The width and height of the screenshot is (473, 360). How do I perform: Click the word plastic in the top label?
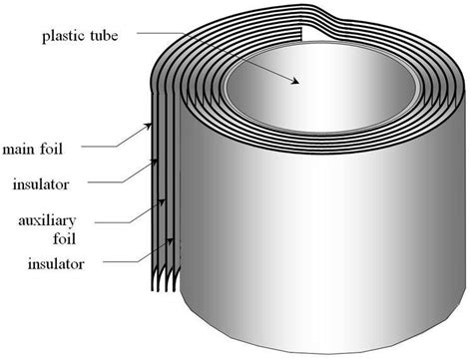[61, 36]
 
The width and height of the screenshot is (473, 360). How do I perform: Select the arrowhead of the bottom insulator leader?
[174, 240]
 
